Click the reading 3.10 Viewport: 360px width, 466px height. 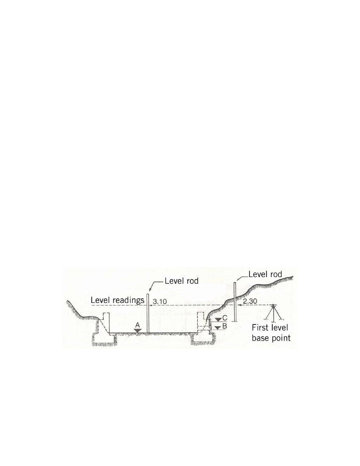click(160, 301)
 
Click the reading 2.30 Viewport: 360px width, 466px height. click(250, 301)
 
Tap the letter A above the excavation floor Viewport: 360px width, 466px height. click(138, 325)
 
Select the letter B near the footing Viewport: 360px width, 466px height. click(224, 326)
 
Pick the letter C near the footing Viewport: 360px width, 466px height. click(225, 318)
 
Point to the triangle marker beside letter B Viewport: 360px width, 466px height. click(218, 327)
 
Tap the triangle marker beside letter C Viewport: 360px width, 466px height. click(218, 319)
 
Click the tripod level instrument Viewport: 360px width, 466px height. click(273, 313)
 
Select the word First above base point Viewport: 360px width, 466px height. click(260, 327)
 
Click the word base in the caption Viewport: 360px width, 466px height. click(260, 338)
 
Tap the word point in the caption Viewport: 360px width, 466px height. click(280, 338)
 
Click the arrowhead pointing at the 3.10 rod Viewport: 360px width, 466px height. click(151, 305)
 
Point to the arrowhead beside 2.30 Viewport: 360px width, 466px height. click(238, 305)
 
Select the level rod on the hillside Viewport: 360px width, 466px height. click(235, 302)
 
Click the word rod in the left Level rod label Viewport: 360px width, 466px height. click(192, 281)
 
